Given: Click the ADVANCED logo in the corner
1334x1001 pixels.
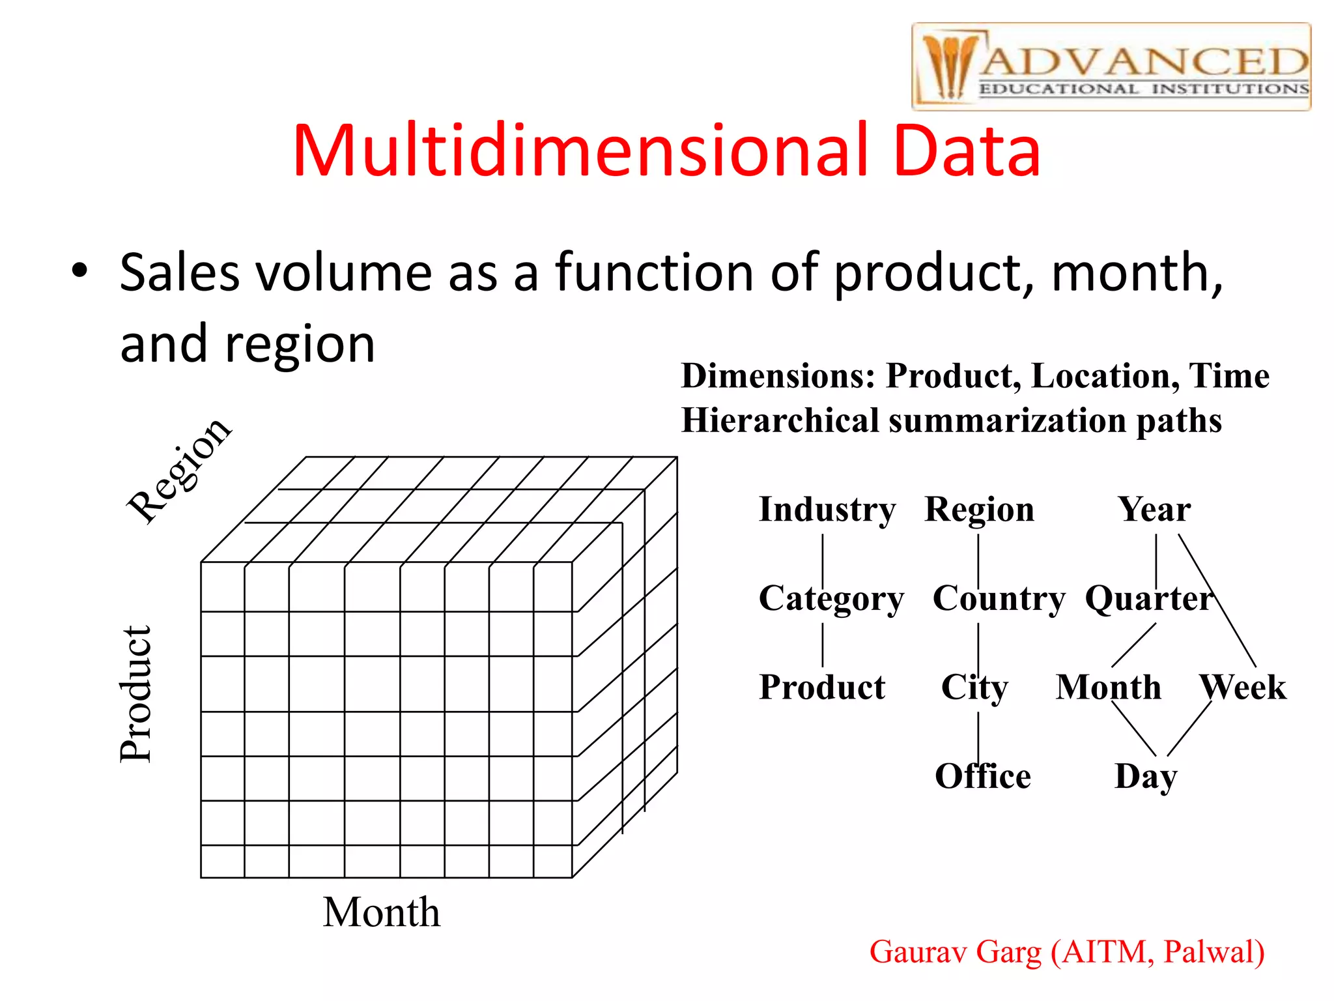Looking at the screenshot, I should [1111, 66].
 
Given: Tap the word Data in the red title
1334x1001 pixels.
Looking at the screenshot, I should [967, 151].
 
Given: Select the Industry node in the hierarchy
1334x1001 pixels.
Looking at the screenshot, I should [827, 510].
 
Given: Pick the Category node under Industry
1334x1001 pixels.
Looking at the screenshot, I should [831, 599].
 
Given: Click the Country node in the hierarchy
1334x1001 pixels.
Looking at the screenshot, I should [999, 598].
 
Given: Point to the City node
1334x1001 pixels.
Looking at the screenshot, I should [974, 688].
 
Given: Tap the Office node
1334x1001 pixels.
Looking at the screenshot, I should [982, 776].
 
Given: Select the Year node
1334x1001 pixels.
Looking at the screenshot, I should [1154, 510].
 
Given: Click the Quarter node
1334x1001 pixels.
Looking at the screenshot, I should [1148, 598].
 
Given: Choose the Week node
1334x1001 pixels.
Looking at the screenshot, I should [1243, 687].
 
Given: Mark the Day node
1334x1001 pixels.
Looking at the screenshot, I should [1145, 777].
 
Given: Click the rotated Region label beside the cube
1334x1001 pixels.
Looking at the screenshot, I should [178, 471].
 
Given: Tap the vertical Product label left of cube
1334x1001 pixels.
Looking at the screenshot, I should [136, 693].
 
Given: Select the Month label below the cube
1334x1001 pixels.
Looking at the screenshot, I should [382, 912].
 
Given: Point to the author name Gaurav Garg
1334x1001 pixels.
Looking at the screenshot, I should [955, 952].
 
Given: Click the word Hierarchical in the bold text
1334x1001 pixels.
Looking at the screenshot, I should [780, 420].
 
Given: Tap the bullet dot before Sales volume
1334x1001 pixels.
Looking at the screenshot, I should [79, 271].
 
